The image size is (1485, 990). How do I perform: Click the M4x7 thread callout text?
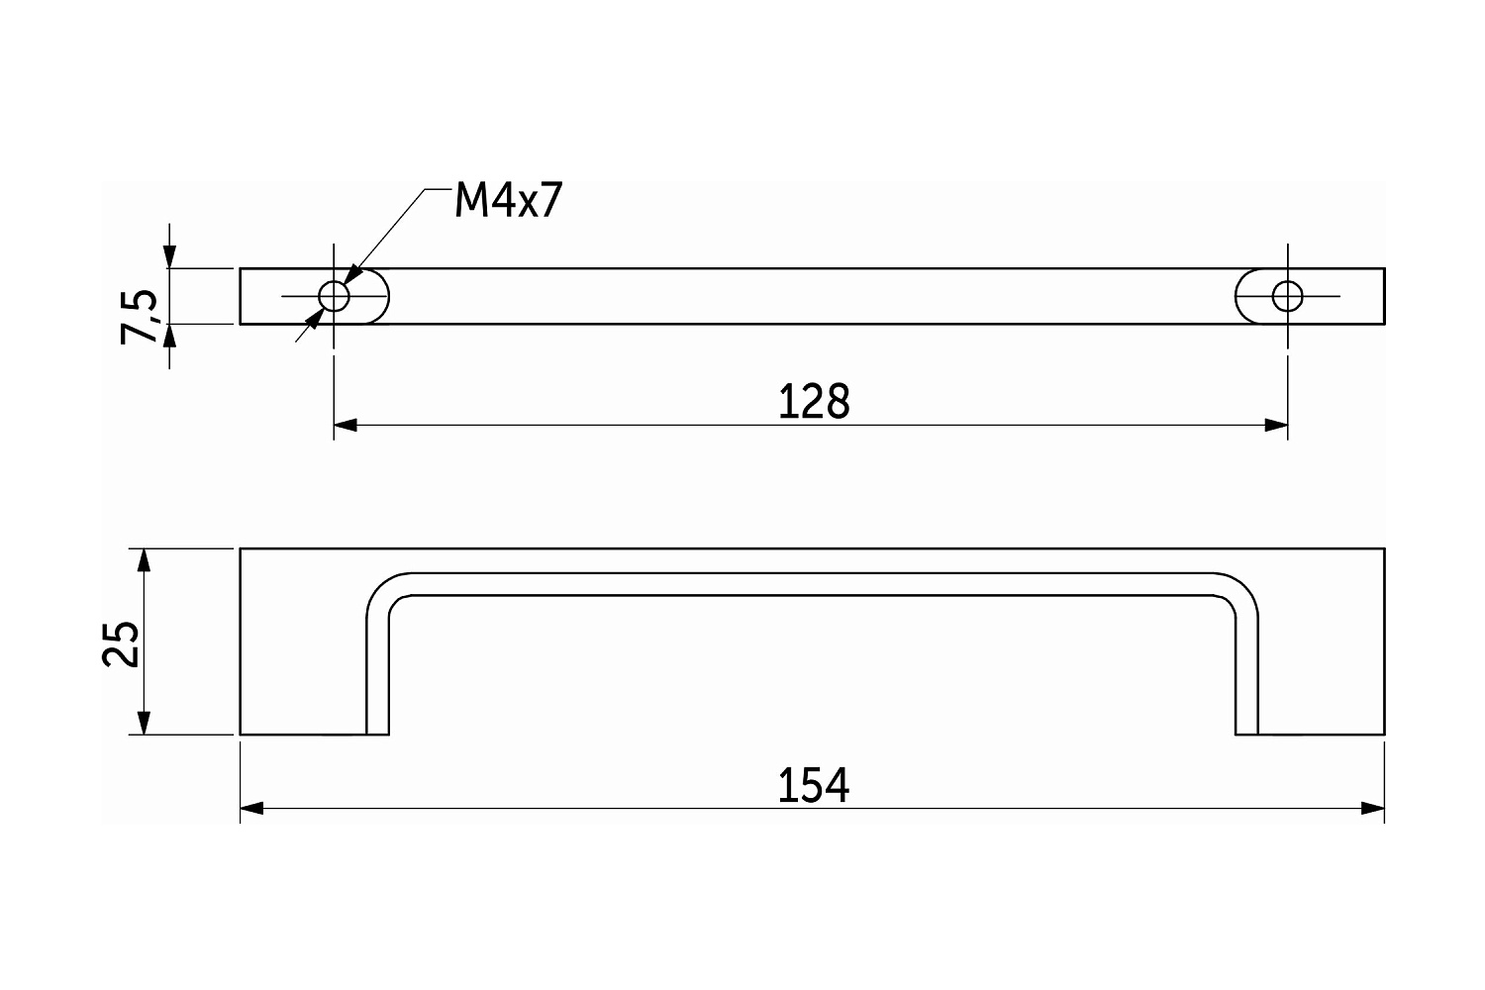[x=509, y=200]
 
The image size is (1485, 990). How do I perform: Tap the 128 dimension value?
[x=814, y=401]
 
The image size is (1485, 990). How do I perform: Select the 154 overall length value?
[x=813, y=785]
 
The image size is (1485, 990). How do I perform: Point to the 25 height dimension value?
[x=121, y=643]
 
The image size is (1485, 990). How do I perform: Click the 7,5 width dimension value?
[x=140, y=317]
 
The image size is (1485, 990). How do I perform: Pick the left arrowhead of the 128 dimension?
[x=346, y=425]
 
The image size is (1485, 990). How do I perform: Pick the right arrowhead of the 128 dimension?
[x=1276, y=425]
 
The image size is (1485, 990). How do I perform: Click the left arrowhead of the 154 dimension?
[x=251, y=808]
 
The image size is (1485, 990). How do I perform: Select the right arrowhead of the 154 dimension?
[x=1373, y=808]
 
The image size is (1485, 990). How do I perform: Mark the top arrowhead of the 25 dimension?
[x=144, y=560]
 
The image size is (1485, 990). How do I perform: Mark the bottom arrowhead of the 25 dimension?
[x=144, y=723]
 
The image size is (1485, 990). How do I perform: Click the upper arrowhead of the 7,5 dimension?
[x=169, y=256]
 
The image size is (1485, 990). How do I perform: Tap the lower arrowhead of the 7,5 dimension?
[x=169, y=337]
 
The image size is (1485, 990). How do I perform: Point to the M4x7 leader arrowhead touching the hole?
[x=352, y=274]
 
